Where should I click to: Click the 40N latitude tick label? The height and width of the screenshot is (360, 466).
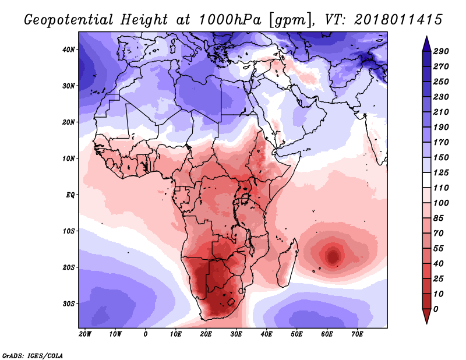[x=70, y=50]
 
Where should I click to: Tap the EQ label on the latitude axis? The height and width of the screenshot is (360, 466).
[x=71, y=195]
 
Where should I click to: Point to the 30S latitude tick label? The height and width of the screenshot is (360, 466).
[x=70, y=303]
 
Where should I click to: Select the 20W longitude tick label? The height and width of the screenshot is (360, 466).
[x=85, y=334]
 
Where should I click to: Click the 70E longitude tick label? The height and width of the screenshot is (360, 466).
[x=357, y=334]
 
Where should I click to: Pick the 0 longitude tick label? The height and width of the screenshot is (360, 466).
[x=146, y=334]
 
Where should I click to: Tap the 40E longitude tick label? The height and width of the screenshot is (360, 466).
[x=266, y=334]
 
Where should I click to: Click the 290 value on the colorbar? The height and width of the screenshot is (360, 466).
[x=440, y=52]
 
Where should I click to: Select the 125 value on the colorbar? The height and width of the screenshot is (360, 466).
[x=440, y=173]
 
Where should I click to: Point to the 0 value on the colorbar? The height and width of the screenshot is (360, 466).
[x=436, y=308]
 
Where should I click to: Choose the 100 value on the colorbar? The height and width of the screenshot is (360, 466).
[x=440, y=202]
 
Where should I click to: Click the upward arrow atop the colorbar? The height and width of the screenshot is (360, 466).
[x=426, y=42]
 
